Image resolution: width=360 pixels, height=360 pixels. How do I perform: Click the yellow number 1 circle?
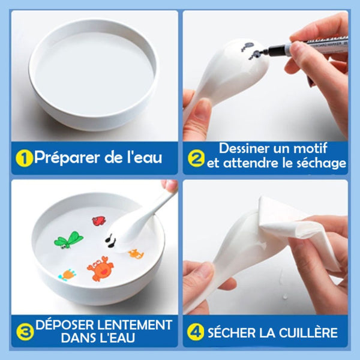coord(24,158)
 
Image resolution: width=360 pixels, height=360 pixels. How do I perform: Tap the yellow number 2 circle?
coord(196,158)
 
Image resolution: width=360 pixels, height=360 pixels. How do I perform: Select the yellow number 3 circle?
coord(25,332)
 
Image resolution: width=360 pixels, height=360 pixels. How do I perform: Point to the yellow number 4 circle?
coord(196,332)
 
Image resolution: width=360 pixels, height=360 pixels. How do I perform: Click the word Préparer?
coord(67,158)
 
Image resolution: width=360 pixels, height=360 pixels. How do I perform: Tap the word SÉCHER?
coord(232,332)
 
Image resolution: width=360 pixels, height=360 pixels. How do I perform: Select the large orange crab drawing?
coord(100,268)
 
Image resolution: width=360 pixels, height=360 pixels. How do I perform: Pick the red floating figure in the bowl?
coord(99,221)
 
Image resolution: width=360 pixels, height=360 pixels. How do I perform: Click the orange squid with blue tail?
coord(67,274)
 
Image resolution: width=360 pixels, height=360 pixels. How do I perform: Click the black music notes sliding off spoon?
coord(110,241)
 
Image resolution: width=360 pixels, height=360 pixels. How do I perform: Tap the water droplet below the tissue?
coord(286,297)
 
